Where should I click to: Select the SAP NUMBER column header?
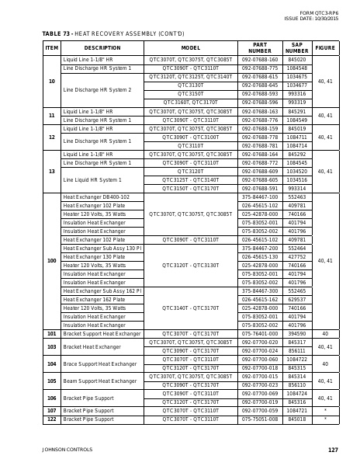pos(296,48)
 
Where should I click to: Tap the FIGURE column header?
pos(325,48)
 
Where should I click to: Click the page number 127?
pos(333,450)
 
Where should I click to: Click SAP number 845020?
pos(296,59)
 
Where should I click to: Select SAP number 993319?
pos(296,102)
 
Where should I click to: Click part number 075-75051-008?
pos(260,419)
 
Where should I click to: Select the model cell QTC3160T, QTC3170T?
pos(191,102)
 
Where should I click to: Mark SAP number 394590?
pos(296,333)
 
